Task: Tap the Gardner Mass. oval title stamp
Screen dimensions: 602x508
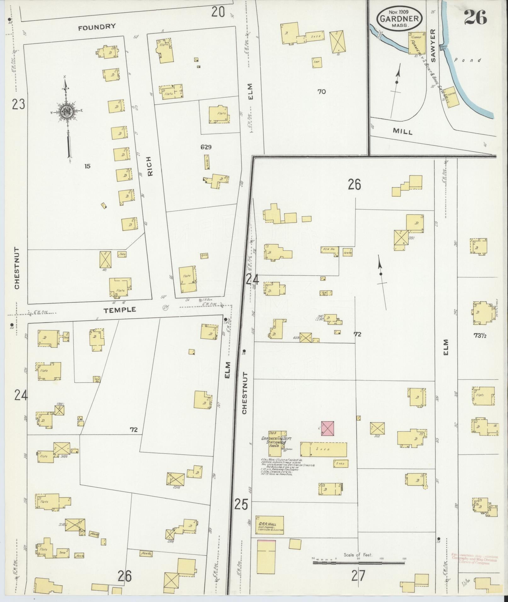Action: (x=399, y=18)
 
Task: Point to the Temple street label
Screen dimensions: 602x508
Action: (x=120, y=310)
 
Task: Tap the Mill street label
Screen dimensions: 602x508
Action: (x=402, y=132)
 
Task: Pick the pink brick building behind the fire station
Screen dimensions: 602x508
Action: (x=328, y=429)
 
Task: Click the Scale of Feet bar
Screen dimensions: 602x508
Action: (x=359, y=562)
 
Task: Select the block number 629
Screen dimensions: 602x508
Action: (x=206, y=147)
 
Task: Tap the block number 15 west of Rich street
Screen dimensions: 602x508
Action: (x=87, y=166)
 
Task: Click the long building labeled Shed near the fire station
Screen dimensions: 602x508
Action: (x=323, y=449)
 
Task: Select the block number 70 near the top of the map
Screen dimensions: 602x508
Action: (x=322, y=92)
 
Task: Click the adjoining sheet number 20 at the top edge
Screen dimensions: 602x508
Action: (x=218, y=12)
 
